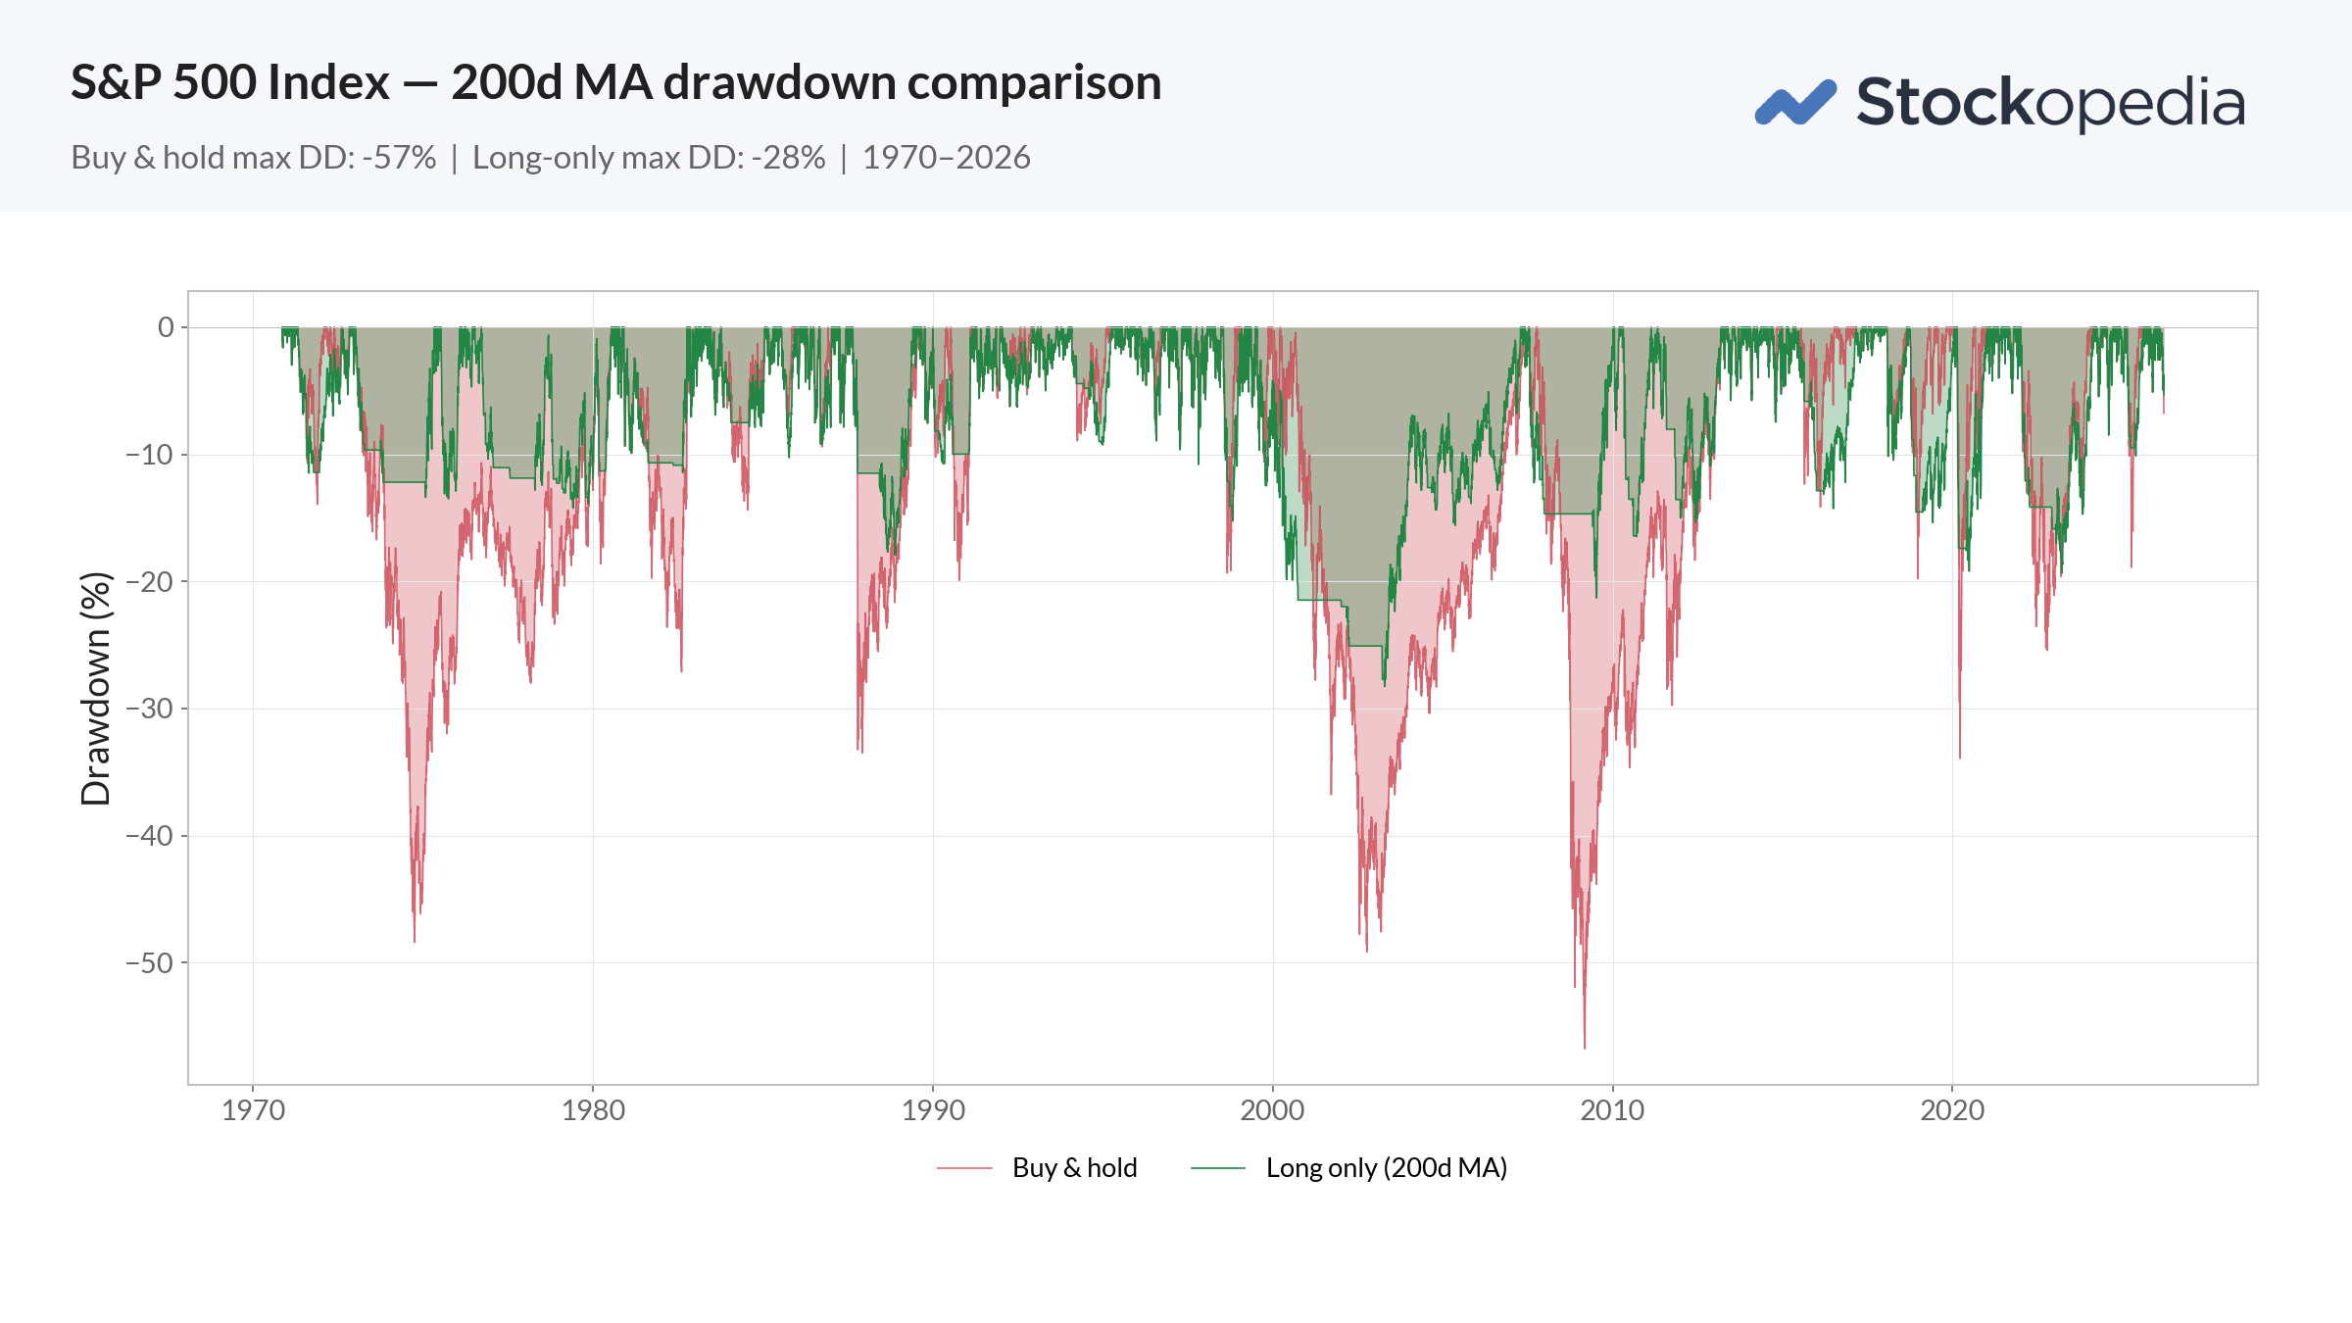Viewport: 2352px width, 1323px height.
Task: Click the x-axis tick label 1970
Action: [253, 1110]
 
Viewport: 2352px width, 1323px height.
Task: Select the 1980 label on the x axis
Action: [593, 1110]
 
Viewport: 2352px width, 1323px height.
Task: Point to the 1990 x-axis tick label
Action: [933, 1110]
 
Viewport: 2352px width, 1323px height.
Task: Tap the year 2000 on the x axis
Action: [1272, 1110]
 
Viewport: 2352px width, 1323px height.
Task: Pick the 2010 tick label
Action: [1612, 1110]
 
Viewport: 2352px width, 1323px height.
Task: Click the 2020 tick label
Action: [1952, 1110]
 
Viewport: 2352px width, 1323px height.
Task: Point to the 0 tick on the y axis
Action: [166, 327]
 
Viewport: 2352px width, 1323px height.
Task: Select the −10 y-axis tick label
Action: [149, 455]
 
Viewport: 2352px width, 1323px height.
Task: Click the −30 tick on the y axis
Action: [149, 709]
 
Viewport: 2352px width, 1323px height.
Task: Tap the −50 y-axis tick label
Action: [149, 962]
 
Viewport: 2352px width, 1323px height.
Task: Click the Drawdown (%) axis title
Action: [96, 688]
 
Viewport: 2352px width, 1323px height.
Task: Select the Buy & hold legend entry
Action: [1074, 1168]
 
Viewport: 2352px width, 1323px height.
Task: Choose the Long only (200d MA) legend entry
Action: [1386, 1168]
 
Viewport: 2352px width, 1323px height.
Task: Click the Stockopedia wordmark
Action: [2050, 103]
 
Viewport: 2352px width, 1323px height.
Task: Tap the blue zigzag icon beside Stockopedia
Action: [1795, 103]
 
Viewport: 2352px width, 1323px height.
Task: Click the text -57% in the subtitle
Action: [399, 158]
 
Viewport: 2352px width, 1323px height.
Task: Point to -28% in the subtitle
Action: [788, 158]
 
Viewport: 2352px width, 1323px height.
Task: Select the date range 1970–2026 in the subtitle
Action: [946, 158]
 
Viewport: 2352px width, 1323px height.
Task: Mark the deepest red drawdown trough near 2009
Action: [1585, 1047]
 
